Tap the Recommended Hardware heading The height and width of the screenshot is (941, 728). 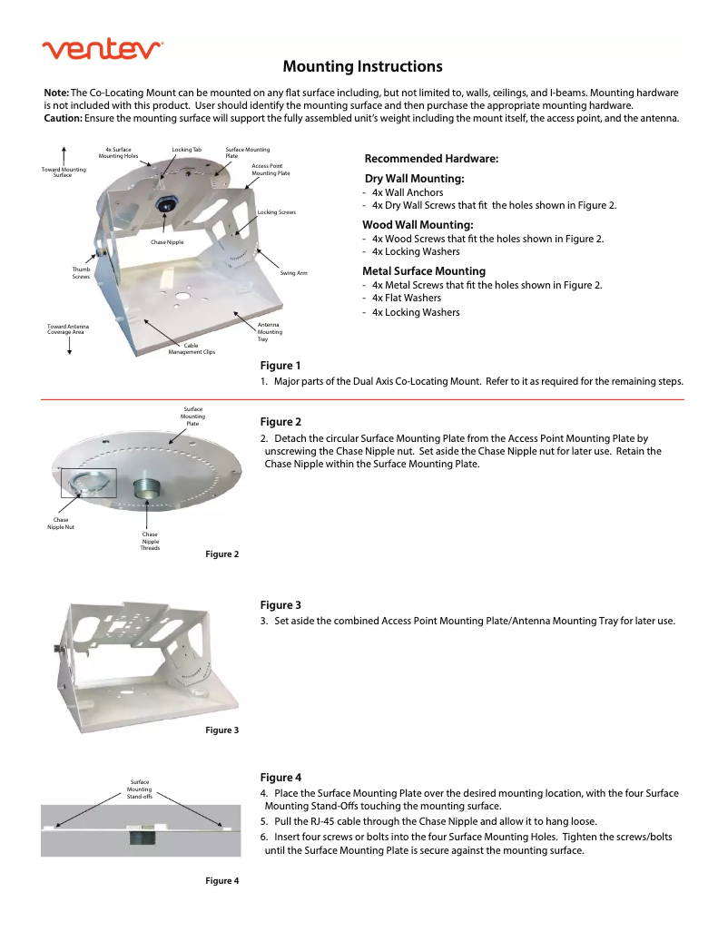coord(431,159)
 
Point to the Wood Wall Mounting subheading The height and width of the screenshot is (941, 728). coord(418,224)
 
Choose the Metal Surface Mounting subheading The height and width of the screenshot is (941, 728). coord(424,270)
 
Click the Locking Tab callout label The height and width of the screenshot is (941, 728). coord(186,149)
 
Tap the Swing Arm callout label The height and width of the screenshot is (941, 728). coord(293,273)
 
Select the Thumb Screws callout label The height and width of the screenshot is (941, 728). coord(81,272)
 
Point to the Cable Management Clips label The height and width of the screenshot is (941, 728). coord(192,348)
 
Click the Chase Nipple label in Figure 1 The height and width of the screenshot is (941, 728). coord(167,242)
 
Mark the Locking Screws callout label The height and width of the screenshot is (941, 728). coord(277,211)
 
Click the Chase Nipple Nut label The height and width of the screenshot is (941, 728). coord(61,523)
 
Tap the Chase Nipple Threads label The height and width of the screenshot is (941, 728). coord(150,542)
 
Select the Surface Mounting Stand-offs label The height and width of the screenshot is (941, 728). coord(140,789)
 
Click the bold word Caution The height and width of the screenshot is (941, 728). coord(64,118)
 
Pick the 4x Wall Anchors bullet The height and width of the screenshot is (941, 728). coord(407,192)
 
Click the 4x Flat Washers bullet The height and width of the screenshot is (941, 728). coord(406,298)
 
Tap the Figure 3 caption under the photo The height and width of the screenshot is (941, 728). coord(221,730)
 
